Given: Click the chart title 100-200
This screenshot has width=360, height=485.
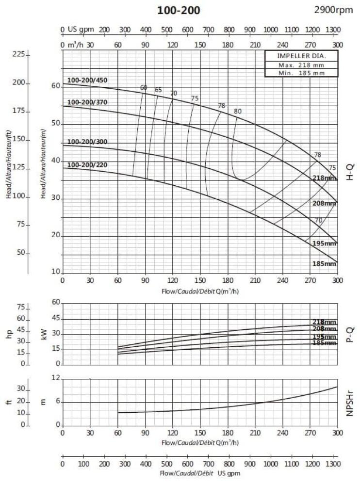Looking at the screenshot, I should coord(178,10).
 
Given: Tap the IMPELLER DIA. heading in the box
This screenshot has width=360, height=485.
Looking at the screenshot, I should coord(295,56).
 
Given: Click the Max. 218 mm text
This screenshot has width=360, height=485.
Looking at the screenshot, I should coord(295,65).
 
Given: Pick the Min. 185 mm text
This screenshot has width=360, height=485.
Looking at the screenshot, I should coord(295,73).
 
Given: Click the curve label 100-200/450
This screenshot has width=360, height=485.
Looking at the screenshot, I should coord(87,80).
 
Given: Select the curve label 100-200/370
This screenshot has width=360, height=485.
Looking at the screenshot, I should coord(87,102).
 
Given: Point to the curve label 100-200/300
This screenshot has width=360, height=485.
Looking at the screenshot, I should coord(87,142).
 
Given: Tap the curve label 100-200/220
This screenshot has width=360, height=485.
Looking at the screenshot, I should coord(87,165).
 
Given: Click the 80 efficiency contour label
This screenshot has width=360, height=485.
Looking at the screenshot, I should coord(237,111).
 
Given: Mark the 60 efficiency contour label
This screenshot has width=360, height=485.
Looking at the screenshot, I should coord(144,88).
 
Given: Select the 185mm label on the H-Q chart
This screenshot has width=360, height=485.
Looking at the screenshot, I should coord(324,264).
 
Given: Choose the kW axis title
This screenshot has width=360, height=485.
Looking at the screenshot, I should coord(45,334).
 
